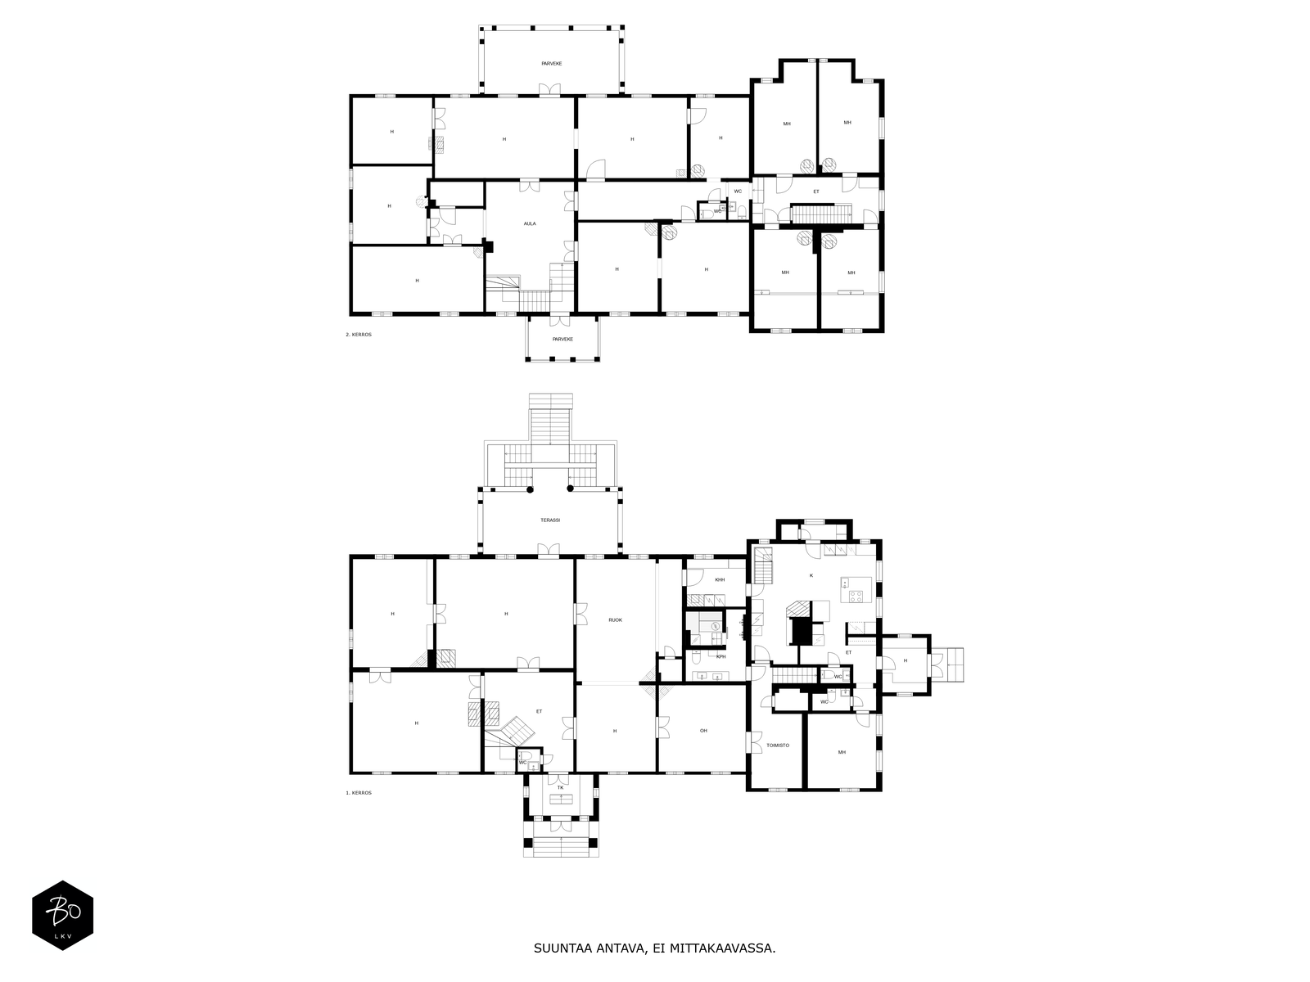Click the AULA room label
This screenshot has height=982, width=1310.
(530, 223)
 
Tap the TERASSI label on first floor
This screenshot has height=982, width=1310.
(549, 520)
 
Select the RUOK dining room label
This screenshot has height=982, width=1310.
(616, 620)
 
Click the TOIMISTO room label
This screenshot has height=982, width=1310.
(778, 746)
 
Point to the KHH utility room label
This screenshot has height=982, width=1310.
(720, 579)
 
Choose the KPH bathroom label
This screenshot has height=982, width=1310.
(721, 656)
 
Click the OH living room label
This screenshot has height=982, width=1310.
(703, 731)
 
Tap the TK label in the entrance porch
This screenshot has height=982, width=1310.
(560, 787)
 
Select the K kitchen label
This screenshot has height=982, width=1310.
(811, 575)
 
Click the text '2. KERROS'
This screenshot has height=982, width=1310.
(358, 335)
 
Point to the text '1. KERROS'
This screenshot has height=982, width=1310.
(358, 793)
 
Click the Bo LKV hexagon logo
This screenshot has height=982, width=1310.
(63, 915)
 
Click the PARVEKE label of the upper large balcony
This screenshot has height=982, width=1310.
(552, 63)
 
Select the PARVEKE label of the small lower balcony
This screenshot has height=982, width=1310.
(562, 340)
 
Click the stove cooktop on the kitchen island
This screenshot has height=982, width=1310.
(856, 595)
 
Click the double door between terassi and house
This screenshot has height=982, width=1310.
(549, 550)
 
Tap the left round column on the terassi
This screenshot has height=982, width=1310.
(530, 489)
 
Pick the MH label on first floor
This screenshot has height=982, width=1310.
(842, 752)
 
